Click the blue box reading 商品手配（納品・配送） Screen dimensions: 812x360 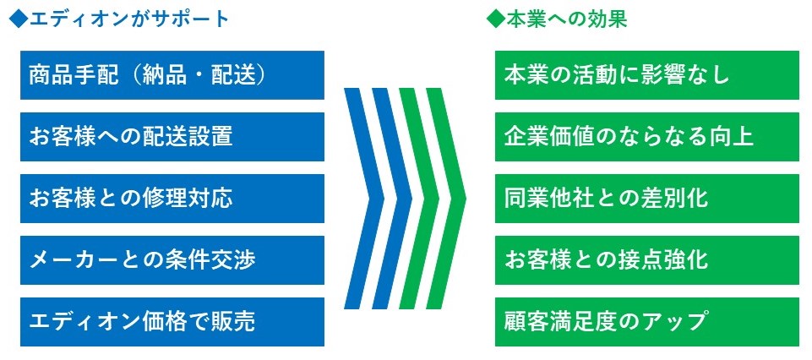click(x=172, y=75)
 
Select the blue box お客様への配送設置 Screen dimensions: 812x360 click(x=172, y=137)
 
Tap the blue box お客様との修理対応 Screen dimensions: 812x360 click(x=172, y=199)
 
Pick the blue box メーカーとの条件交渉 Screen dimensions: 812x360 click(x=172, y=260)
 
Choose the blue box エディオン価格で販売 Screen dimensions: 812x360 click(x=172, y=322)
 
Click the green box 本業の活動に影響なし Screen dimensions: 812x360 click(x=646, y=75)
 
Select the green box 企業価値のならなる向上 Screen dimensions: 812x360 click(x=646, y=137)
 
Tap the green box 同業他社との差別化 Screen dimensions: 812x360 click(x=646, y=199)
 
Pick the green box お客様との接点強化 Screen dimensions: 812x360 click(x=646, y=260)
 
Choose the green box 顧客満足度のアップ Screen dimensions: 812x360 click(x=646, y=322)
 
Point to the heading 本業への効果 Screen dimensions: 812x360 click(x=566, y=19)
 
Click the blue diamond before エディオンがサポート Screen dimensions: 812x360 click(x=19, y=19)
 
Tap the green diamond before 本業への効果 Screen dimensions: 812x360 click(x=496, y=19)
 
